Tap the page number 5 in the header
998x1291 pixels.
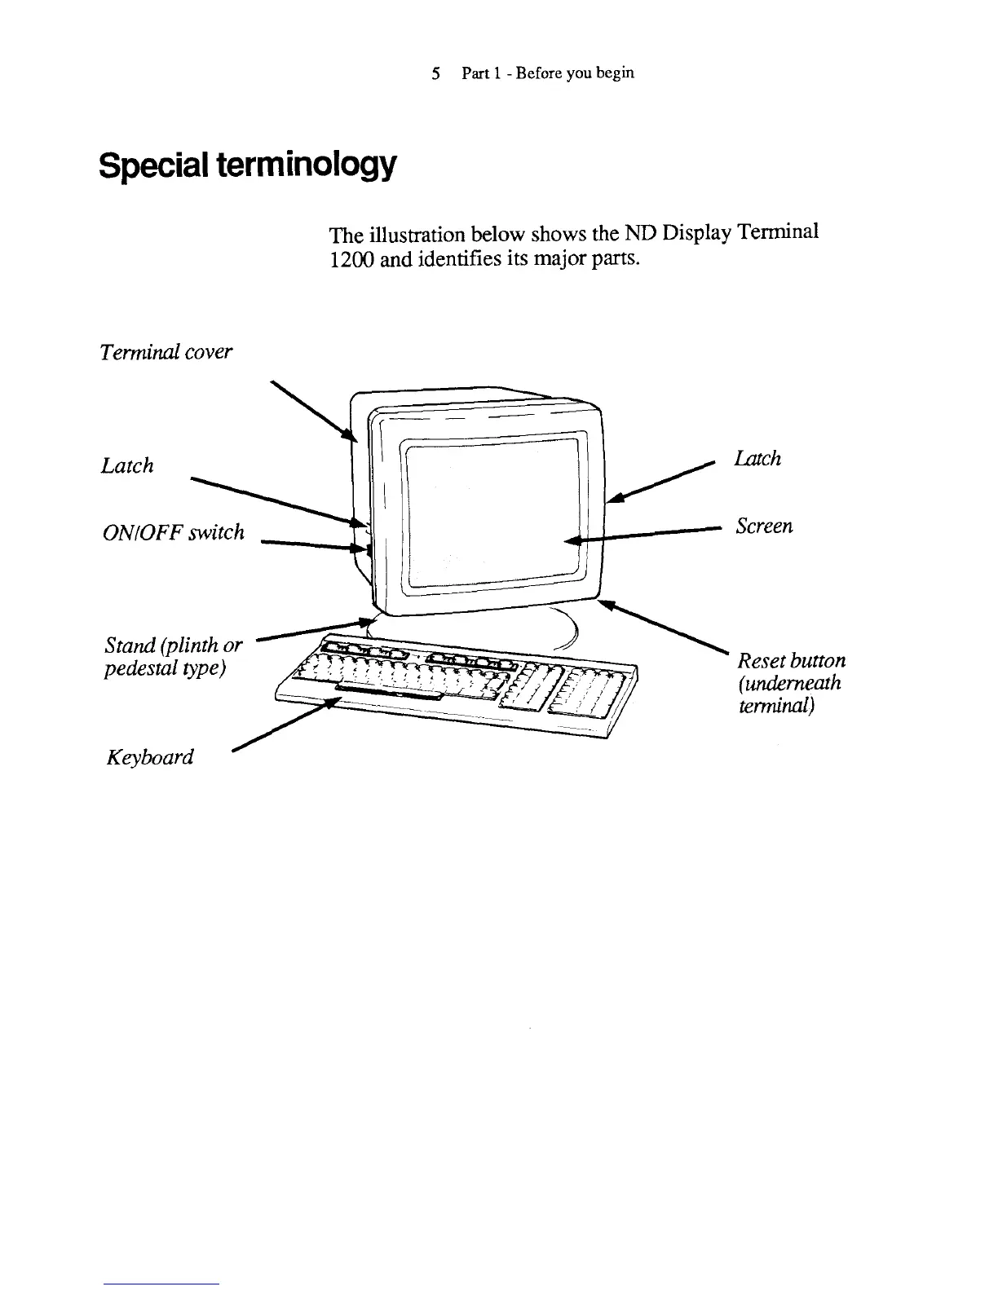pyautogui.click(x=436, y=73)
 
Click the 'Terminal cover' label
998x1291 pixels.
pyautogui.click(x=166, y=352)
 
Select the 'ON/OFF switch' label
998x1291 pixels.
pyautogui.click(x=173, y=532)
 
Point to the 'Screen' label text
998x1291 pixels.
pyautogui.click(x=763, y=526)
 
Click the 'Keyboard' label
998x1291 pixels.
pyautogui.click(x=150, y=757)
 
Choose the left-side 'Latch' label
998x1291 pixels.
pyautogui.click(x=127, y=465)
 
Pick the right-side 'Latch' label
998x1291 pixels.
pyautogui.click(x=757, y=459)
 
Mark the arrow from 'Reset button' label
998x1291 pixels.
pyautogui.click(x=665, y=628)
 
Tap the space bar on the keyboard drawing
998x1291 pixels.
pyautogui.click(x=388, y=692)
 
